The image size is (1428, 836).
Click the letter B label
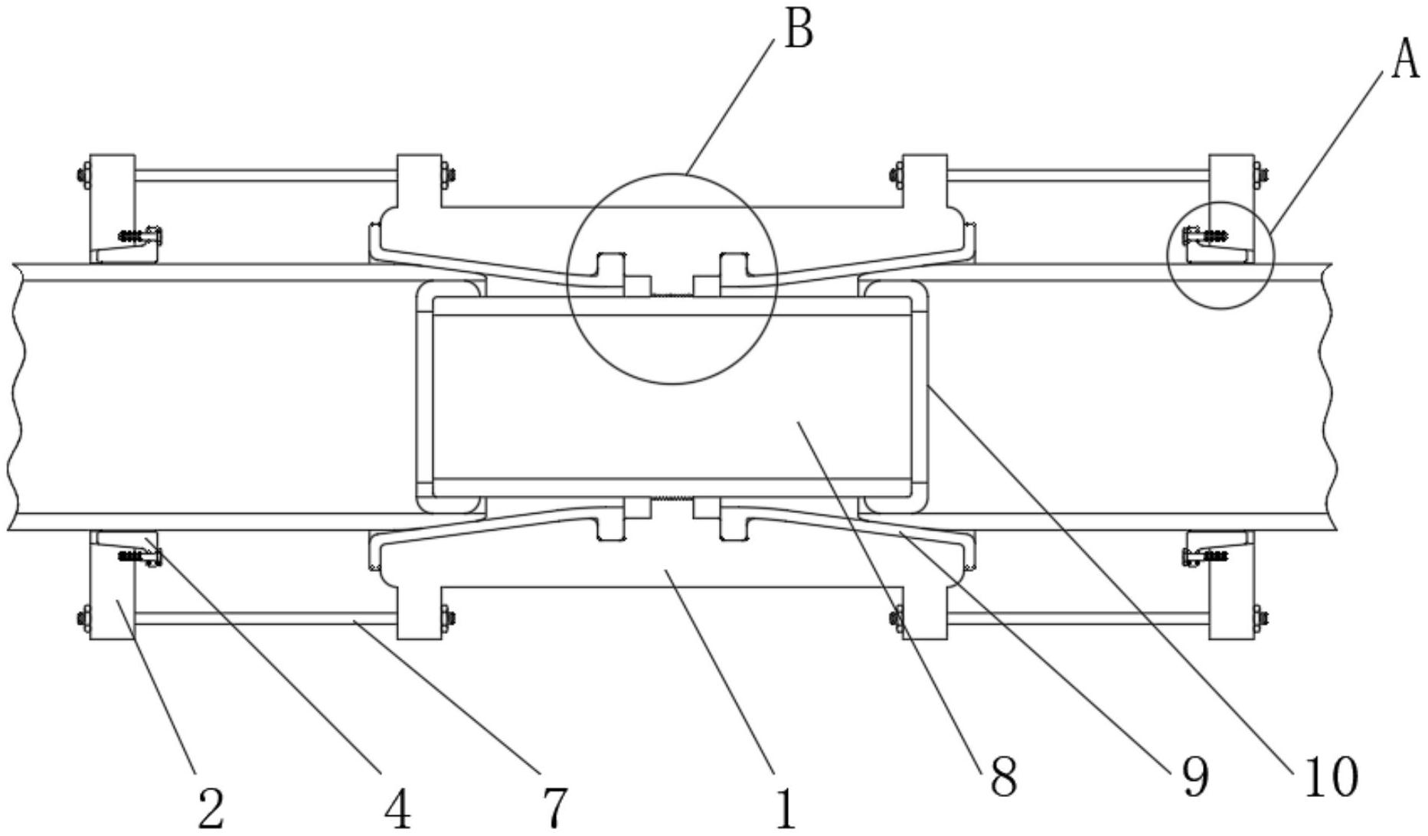click(x=799, y=32)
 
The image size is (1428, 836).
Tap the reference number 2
click(x=211, y=808)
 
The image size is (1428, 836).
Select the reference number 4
click(x=397, y=808)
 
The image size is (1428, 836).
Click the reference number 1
click(x=786, y=808)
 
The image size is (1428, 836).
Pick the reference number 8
click(x=1002, y=776)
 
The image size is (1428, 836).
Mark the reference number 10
click(x=1327, y=776)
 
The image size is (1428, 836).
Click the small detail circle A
click(x=1220, y=255)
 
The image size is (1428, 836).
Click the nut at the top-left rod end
click(x=82, y=175)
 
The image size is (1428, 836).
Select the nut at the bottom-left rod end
click(x=82, y=617)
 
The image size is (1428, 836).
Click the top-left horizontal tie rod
click(x=266, y=175)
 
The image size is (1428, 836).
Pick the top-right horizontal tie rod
click(x=1078, y=175)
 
